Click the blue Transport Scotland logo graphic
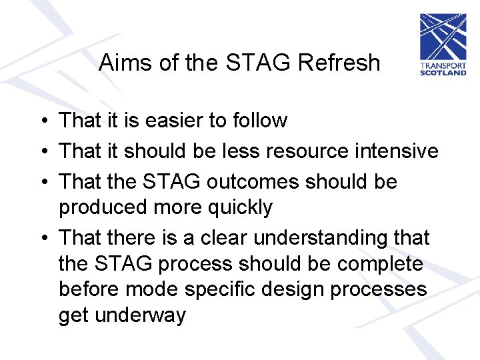point(443,37)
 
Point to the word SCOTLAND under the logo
point(443,73)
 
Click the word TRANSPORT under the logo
point(443,66)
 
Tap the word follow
point(257,121)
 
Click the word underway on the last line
point(141,315)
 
